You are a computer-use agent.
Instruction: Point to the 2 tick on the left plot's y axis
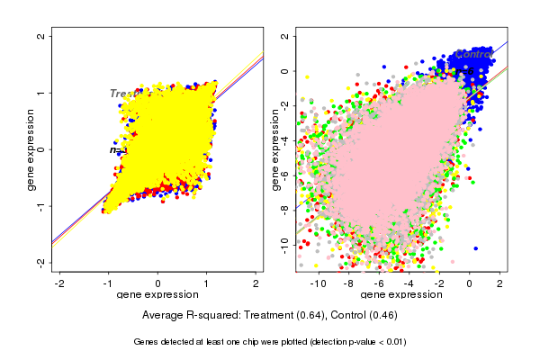click(41, 37)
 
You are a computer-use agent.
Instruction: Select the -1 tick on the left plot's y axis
click(41, 205)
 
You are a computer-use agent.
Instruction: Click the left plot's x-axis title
click(158, 294)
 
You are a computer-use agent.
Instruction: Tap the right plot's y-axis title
click(275, 149)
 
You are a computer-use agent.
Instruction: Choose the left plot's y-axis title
click(32, 149)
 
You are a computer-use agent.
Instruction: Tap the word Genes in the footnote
click(147, 342)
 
